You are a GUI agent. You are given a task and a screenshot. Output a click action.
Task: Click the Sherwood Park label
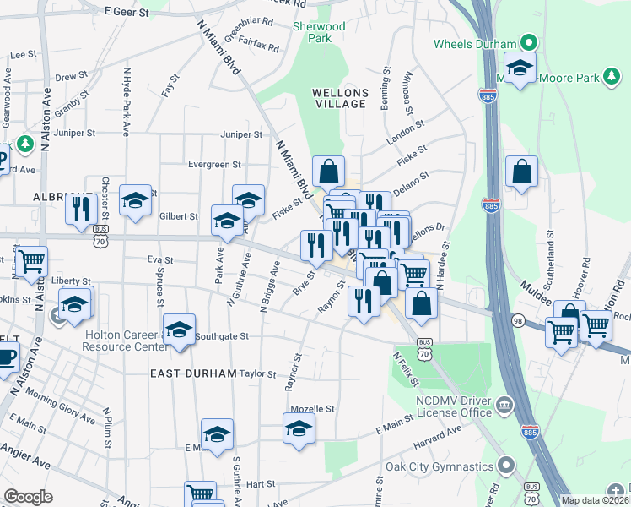pyautogui.click(x=319, y=32)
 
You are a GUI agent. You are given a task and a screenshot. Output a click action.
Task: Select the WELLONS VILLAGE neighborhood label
pyautogui.click(x=339, y=98)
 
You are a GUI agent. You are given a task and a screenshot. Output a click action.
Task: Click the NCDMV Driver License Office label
pyautogui.click(x=452, y=406)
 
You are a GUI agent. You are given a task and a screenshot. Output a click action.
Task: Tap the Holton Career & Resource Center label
pyautogui.click(x=126, y=340)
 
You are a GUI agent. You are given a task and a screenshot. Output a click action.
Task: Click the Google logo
pyautogui.click(x=28, y=497)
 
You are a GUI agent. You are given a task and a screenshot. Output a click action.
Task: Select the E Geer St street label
pyautogui.click(x=126, y=13)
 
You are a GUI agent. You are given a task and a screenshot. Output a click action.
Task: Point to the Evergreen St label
pyautogui.click(x=215, y=165)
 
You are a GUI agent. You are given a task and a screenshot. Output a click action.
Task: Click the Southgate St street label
pyautogui.click(x=222, y=335)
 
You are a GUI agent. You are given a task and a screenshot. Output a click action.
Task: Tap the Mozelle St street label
pyautogui.click(x=313, y=408)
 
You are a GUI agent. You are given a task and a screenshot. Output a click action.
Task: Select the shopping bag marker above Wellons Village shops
pyautogui.click(x=328, y=172)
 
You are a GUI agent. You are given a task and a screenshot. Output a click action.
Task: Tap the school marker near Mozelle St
pyautogui.click(x=299, y=428)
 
